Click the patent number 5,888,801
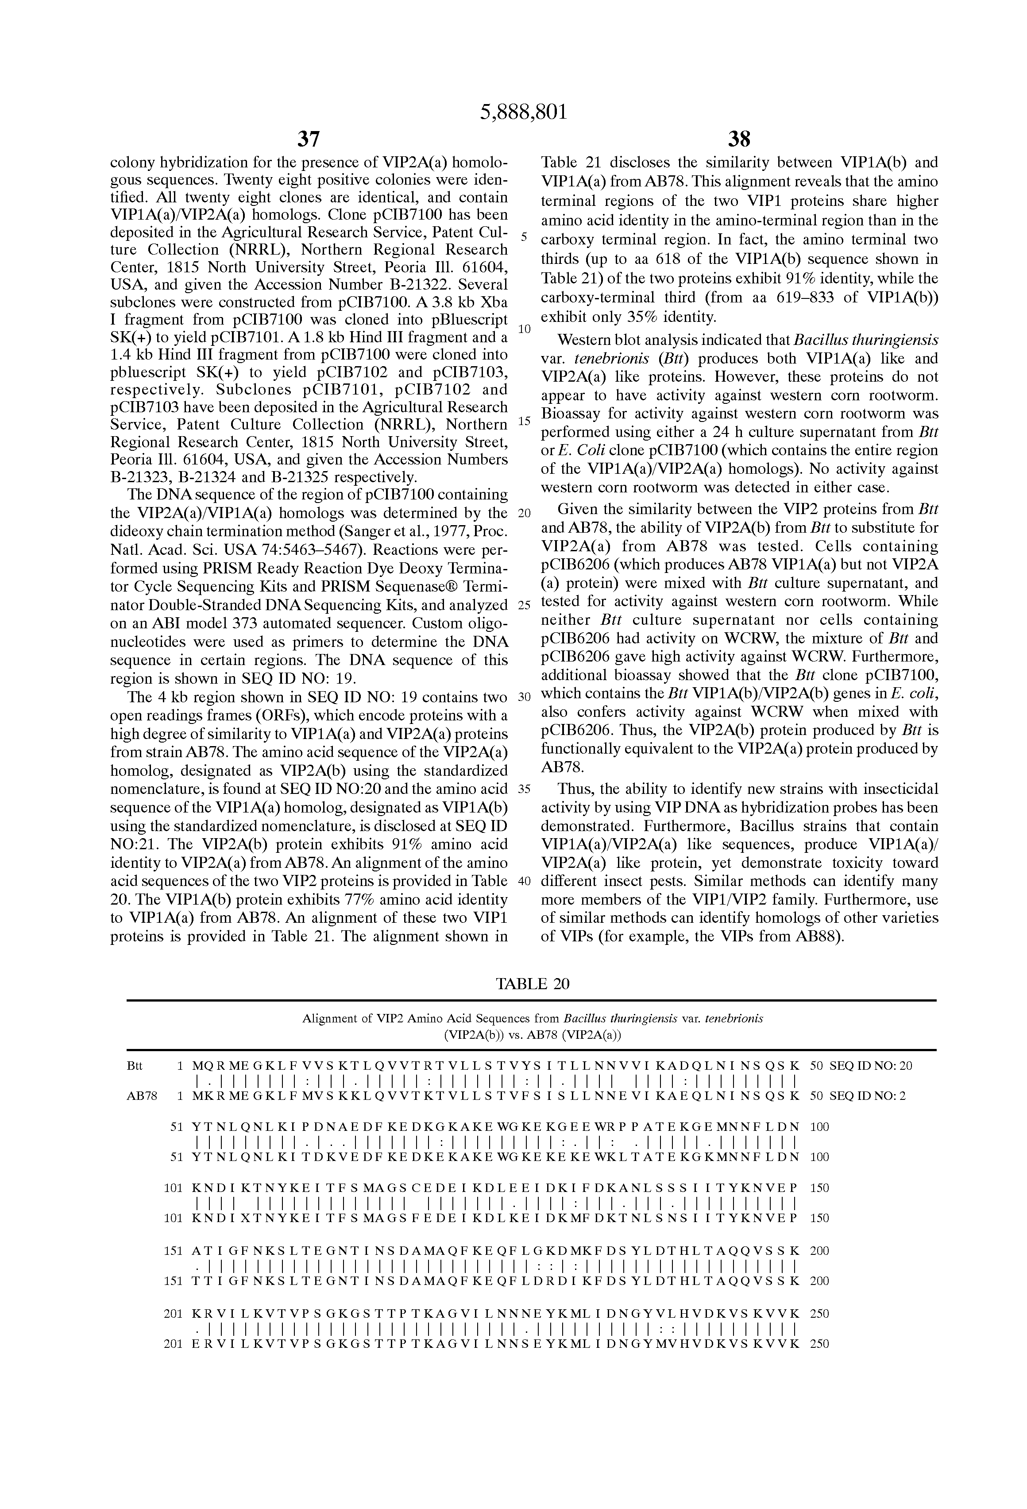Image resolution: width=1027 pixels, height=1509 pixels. [x=523, y=112]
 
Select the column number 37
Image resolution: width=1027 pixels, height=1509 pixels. [x=309, y=139]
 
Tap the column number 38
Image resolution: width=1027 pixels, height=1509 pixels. [x=739, y=139]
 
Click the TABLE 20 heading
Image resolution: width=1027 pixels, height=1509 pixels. [x=533, y=984]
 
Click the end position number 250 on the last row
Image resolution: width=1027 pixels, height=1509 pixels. [x=820, y=1345]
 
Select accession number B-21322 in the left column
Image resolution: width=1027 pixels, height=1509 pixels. [x=463, y=284]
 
